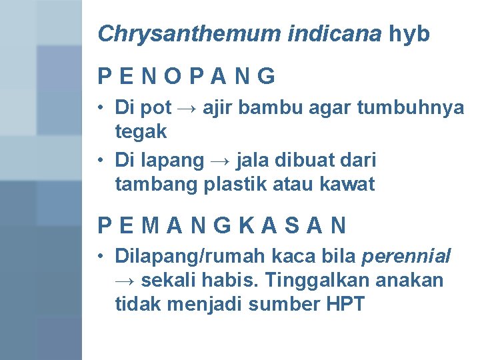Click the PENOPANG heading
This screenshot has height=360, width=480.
(186, 77)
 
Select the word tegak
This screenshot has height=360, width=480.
(141, 131)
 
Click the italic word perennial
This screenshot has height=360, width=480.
(406, 256)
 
